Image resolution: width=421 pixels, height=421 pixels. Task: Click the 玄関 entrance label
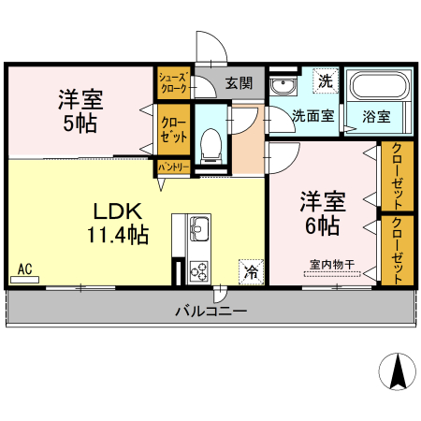coord(239,83)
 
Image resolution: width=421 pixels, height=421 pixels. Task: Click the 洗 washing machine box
coord(324,81)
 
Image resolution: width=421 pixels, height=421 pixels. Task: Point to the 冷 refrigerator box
coord(251,271)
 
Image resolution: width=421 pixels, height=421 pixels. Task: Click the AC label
coord(25,270)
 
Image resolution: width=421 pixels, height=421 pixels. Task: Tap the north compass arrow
coord(397,372)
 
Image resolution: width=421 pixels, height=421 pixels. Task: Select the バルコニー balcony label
coord(210,310)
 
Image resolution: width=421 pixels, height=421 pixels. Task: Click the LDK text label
coord(116,210)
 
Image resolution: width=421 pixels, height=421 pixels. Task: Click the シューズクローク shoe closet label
coord(173,82)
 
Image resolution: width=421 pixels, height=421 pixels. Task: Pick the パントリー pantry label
coord(173,167)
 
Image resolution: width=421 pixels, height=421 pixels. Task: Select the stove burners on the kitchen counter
coord(199,271)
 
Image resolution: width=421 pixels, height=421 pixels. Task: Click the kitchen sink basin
coord(199,226)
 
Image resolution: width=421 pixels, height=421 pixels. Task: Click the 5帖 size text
coord(79,123)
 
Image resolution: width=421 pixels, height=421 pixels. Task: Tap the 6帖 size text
coord(322,225)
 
